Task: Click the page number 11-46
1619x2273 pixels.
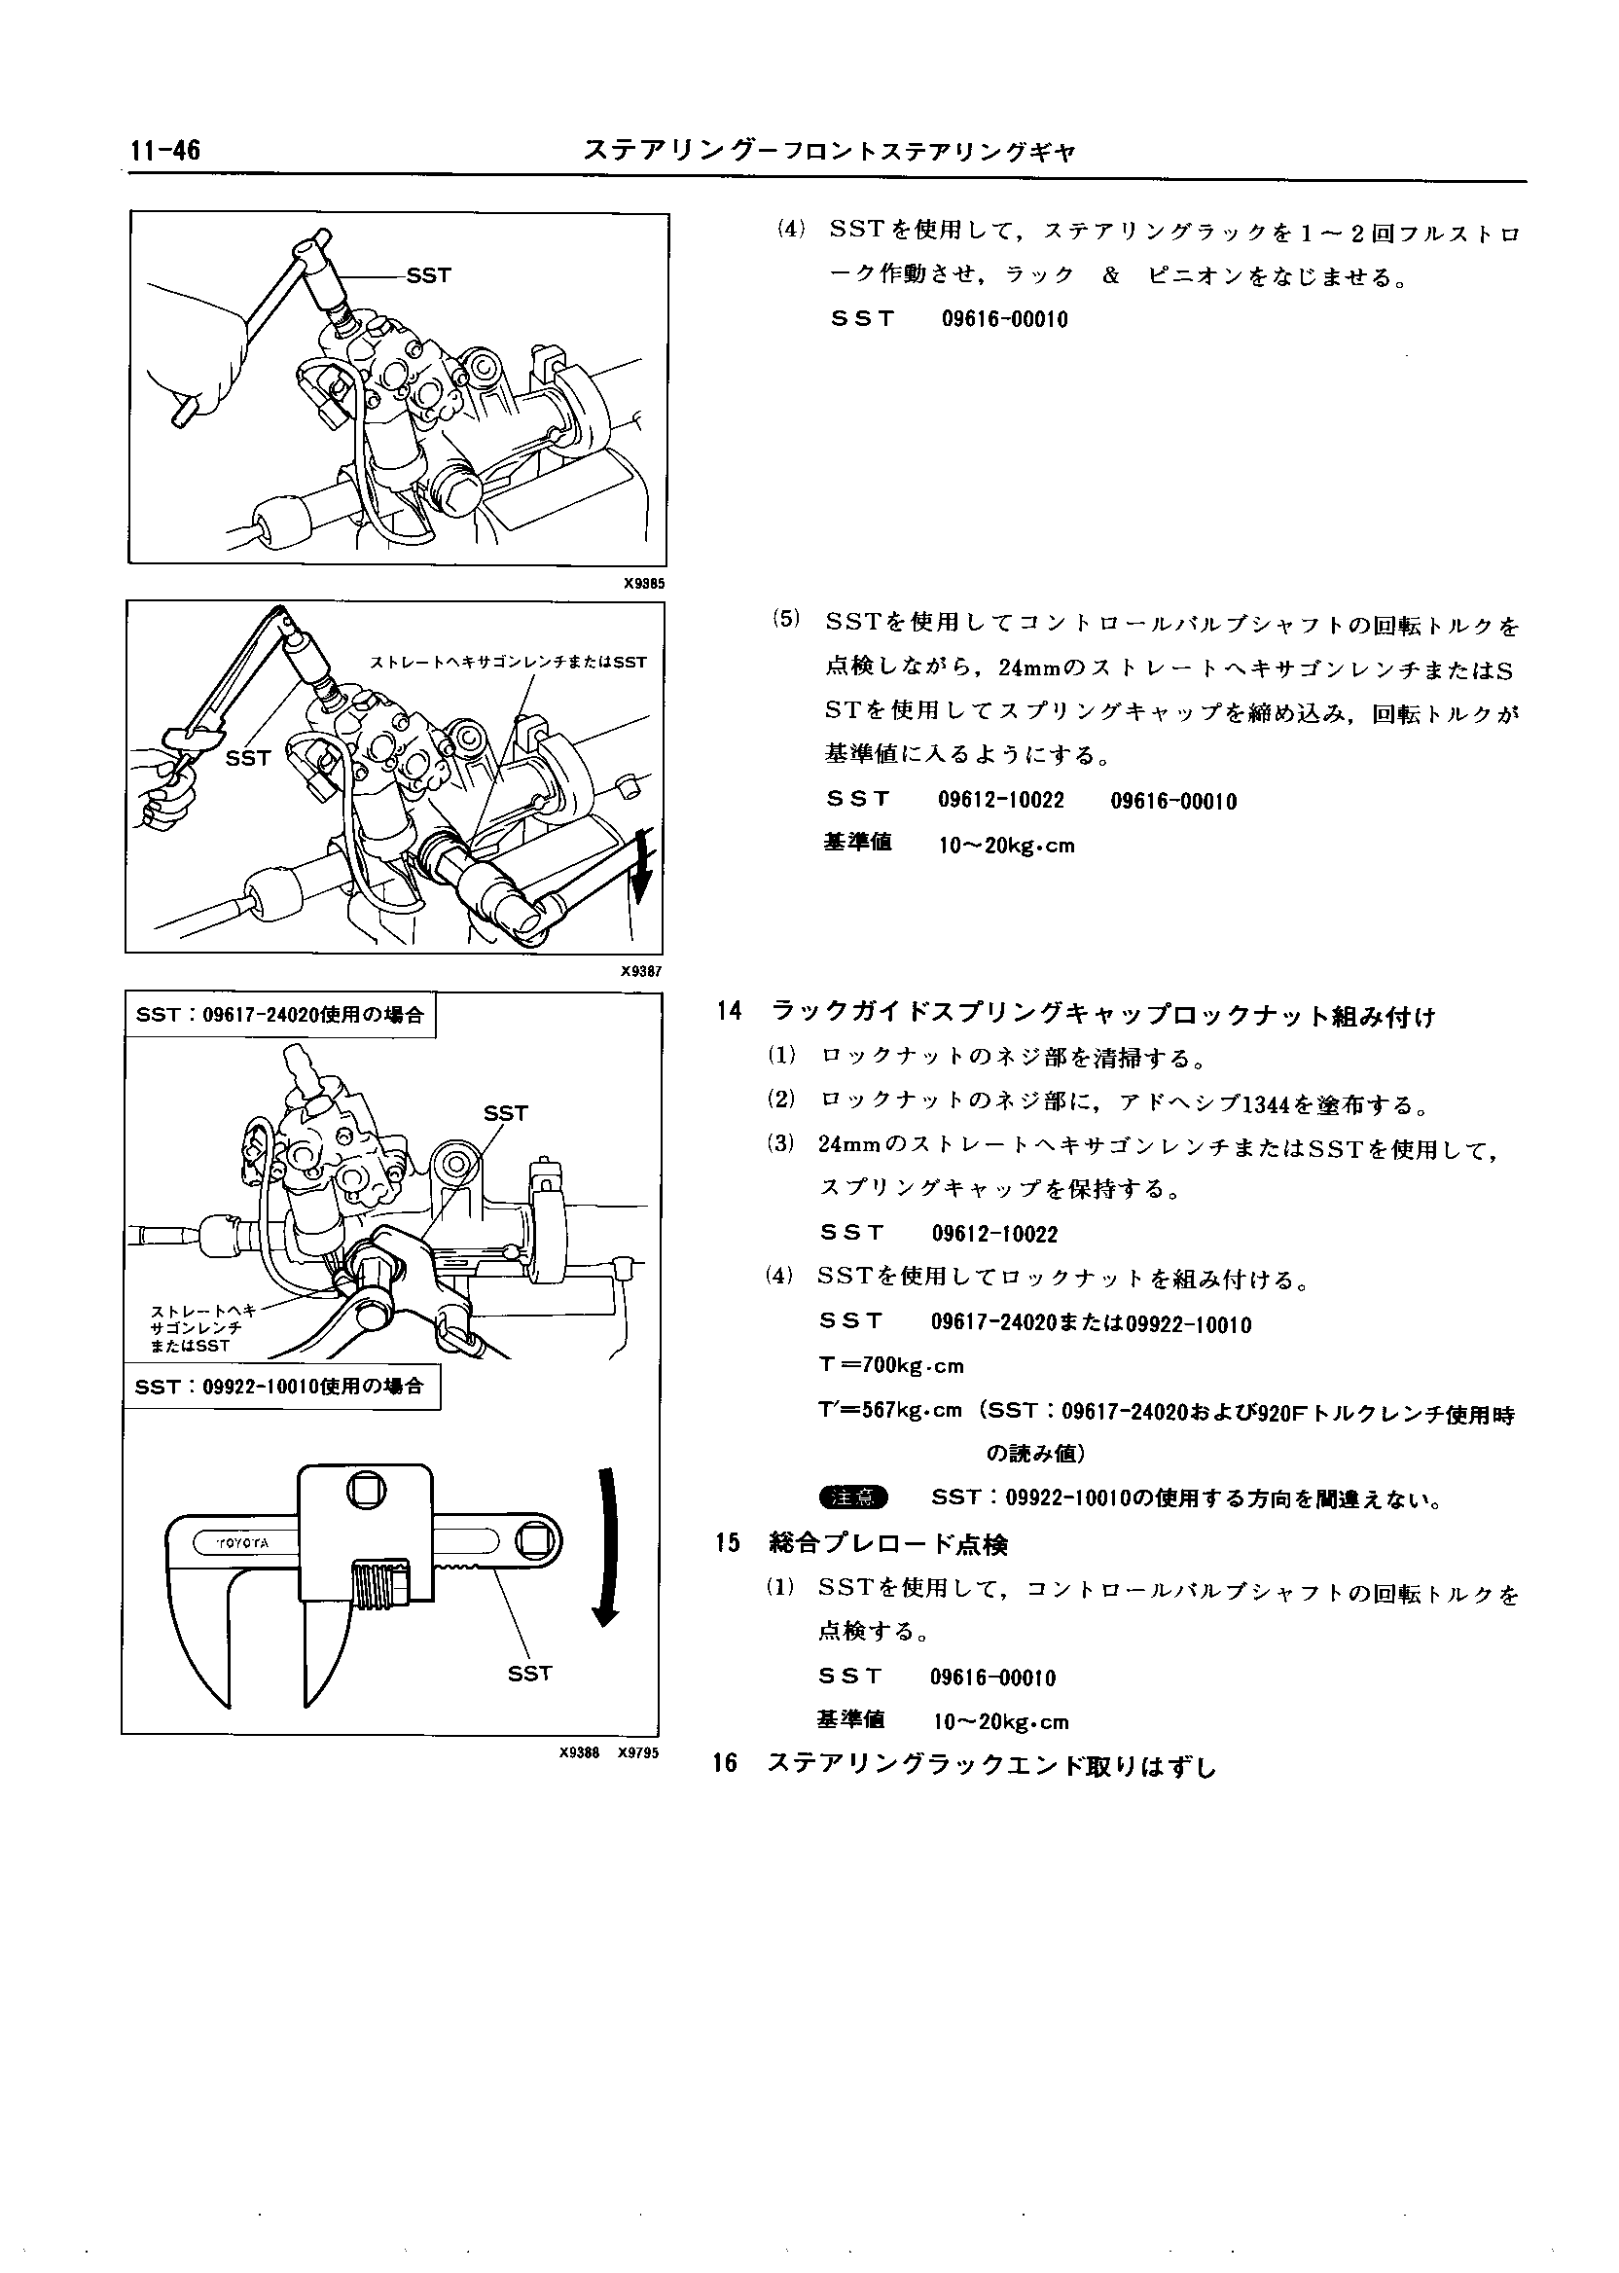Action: pos(164,151)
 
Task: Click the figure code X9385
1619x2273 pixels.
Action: pos(644,583)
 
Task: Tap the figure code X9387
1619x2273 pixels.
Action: pos(642,971)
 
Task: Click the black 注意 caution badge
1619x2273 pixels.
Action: pos(852,1497)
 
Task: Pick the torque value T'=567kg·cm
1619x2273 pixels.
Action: pos(890,1410)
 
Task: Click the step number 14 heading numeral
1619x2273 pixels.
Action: pos(729,1011)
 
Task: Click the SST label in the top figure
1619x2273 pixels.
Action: pos(429,275)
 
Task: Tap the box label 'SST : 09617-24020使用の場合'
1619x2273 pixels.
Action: pos(280,1015)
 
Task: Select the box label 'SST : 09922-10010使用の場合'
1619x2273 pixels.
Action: pos(280,1386)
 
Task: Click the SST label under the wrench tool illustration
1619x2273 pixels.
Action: pos(529,1674)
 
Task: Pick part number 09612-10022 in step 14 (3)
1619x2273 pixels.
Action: pos(994,1234)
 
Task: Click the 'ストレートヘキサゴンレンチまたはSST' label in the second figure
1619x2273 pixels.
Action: pos(509,662)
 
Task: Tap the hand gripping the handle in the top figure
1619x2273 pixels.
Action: pos(199,359)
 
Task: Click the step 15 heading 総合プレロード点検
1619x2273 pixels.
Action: pos(888,1544)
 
